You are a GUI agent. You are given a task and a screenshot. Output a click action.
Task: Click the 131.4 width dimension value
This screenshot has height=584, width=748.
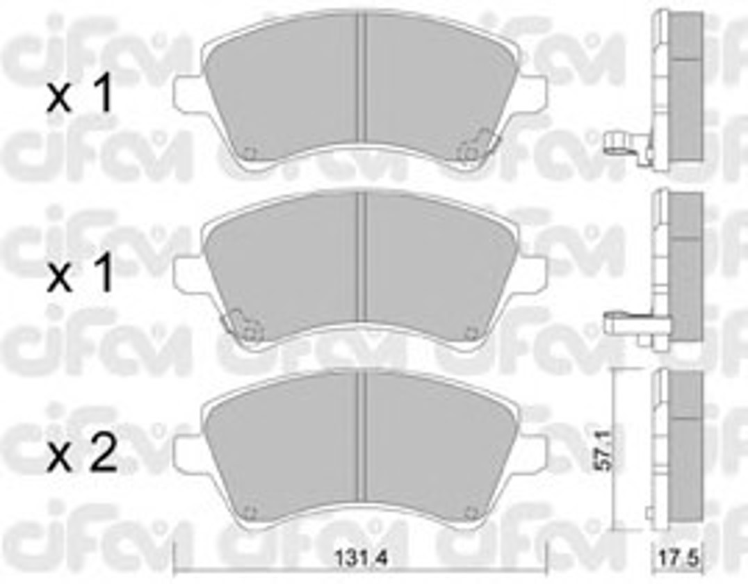click(x=360, y=558)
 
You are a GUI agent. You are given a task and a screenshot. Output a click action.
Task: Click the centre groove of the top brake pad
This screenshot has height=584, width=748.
click(x=361, y=79)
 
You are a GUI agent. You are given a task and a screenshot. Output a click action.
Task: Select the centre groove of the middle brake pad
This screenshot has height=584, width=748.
click(x=361, y=258)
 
